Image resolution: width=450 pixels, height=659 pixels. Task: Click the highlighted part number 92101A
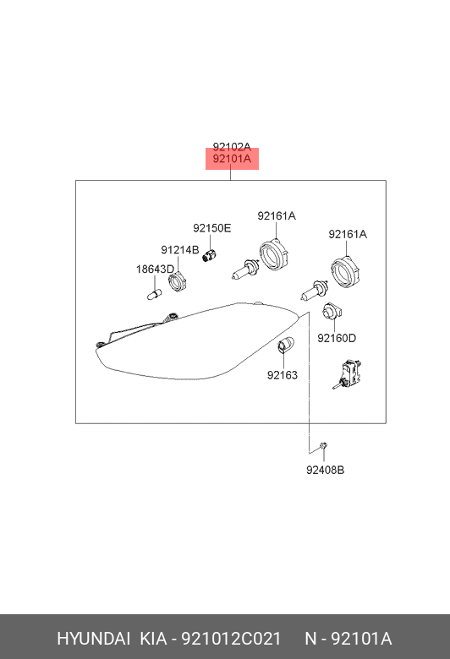tap(232, 159)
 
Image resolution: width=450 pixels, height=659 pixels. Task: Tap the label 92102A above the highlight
tap(232, 147)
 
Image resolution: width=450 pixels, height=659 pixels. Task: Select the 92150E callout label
tap(212, 228)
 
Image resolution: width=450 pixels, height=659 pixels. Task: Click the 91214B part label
tap(180, 250)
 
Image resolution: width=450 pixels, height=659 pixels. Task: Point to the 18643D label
tap(155, 270)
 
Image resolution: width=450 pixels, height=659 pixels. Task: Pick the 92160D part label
tap(337, 338)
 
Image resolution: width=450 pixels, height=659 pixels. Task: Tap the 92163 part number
tap(283, 375)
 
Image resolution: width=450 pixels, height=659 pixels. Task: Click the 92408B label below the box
tap(325, 470)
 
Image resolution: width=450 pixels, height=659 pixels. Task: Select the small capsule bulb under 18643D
tap(155, 294)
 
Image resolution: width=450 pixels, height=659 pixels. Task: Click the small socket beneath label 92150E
tap(210, 255)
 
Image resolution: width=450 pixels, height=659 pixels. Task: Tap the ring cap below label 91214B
tap(178, 280)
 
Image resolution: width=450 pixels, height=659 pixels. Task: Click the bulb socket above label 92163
tap(286, 346)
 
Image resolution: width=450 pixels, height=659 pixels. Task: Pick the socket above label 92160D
tap(332, 312)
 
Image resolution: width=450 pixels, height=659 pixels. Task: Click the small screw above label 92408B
tap(323, 446)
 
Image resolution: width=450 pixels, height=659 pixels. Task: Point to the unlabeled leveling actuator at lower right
tap(348, 374)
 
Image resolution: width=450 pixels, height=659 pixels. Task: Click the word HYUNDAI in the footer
tap(93, 639)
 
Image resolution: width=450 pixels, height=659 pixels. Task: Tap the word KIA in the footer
tap(153, 639)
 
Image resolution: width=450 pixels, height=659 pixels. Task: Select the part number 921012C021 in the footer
tap(231, 639)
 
